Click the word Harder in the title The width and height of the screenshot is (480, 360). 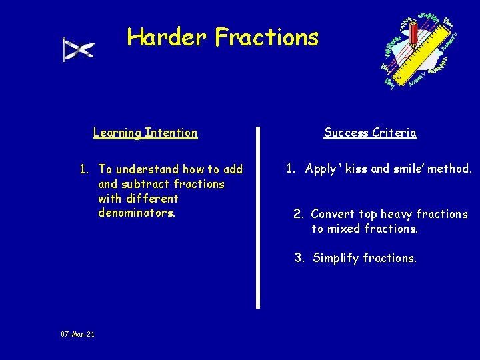168,37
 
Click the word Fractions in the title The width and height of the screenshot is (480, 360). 267,37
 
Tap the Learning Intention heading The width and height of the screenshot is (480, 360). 145,133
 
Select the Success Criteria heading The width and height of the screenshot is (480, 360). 370,133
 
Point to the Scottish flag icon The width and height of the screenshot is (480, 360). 78,49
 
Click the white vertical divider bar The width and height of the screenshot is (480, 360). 258,217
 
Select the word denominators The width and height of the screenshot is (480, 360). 137,213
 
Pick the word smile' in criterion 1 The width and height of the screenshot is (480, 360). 406,169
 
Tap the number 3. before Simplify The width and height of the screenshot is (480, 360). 300,258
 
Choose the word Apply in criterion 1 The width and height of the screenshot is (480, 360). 321,169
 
